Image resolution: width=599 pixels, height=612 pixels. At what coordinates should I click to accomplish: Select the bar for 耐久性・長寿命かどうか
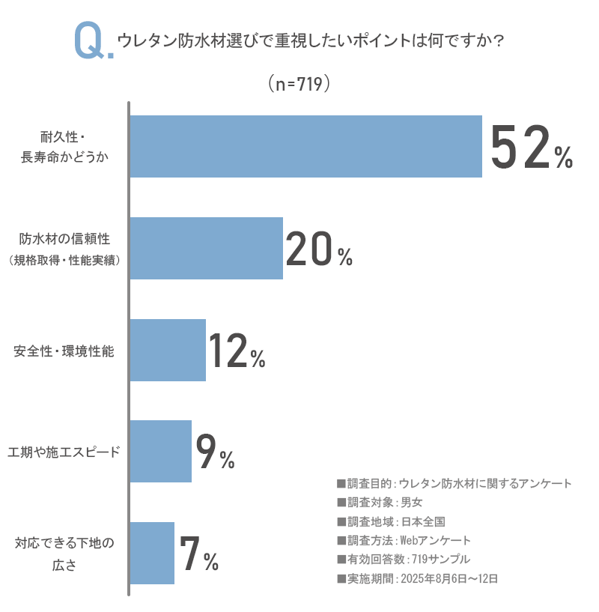pos(305,146)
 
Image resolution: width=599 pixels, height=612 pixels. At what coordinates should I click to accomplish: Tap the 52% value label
pos(531,148)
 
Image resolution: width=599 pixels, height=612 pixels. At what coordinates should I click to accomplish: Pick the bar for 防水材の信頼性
pos(206,248)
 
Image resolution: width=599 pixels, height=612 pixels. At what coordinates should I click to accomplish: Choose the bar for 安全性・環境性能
pos(168,350)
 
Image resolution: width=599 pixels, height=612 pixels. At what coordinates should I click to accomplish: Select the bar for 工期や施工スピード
pos(160,451)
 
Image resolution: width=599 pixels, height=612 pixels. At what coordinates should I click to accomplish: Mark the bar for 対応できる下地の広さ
pos(152,553)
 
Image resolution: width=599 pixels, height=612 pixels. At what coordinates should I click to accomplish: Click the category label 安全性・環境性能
pos(64,351)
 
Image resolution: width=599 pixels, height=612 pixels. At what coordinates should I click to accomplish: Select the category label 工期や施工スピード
pos(64,452)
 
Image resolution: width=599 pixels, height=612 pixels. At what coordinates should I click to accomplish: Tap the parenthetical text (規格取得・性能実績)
pos(64,261)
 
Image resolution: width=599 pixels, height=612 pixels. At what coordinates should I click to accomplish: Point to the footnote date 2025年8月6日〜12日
pos(450,578)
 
